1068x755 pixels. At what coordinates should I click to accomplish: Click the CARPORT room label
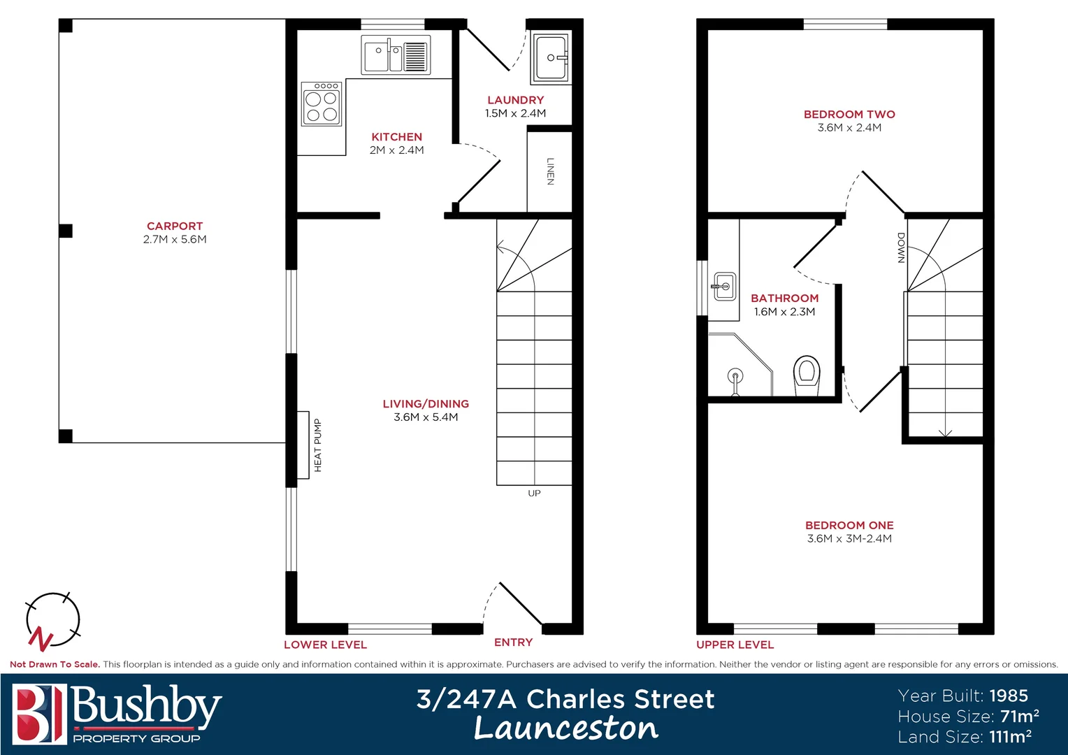pos(175,226)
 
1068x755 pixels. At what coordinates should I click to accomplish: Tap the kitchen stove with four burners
pos(322,104)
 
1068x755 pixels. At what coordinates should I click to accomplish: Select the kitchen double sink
pos(395,55)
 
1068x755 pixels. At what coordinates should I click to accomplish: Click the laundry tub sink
pos(551,58)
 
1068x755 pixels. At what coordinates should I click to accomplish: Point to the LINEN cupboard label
pos(550,171)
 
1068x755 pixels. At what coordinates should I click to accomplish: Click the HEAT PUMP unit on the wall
pos(303,445)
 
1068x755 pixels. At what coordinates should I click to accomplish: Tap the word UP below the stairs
pos(534,494)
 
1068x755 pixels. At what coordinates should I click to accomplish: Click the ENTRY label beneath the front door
pos(513,642)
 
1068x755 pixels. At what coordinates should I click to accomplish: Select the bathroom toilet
pos(806,374)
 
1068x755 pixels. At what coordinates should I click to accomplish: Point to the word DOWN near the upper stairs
pos(901,248)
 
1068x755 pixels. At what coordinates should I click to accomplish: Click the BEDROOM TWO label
pos(849,114)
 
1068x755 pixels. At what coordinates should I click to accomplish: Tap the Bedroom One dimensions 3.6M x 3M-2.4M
pos(849,539)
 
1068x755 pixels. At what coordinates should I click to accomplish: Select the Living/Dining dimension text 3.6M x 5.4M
pos(426,417)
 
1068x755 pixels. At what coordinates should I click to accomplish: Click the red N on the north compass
pos(41,638)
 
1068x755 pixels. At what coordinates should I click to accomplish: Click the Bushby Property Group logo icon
pos(39,714)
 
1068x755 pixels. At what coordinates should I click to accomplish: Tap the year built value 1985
pos(1009,696)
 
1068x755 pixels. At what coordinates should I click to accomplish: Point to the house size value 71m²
pos(1019,717)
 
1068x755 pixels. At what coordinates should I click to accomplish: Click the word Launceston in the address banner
pos(565,728)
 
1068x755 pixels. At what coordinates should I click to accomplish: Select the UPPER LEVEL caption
pos(735,645)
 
